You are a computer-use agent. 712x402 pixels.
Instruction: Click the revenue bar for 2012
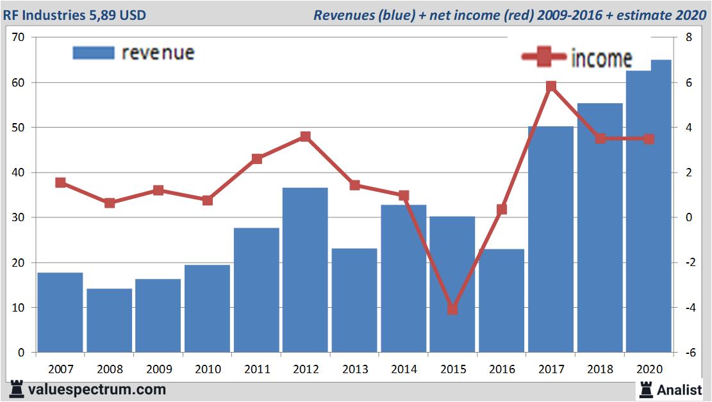point(305,269)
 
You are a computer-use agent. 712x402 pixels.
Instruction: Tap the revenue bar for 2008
point(109,320)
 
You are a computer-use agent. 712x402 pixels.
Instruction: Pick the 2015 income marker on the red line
point(452,309)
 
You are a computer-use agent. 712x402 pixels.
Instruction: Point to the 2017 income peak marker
point(551,87)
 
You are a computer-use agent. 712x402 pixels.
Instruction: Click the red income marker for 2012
point(305,137)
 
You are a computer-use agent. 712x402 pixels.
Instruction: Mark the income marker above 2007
point(60,183)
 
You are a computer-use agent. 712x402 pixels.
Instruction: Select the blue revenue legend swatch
point(94,53)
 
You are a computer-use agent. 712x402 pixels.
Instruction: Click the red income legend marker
point(543,58)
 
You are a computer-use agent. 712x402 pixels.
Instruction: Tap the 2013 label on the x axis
point(354,369)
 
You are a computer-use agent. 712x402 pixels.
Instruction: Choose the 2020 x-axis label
point(649,369)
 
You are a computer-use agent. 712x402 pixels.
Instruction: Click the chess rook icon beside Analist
point(645,389)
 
